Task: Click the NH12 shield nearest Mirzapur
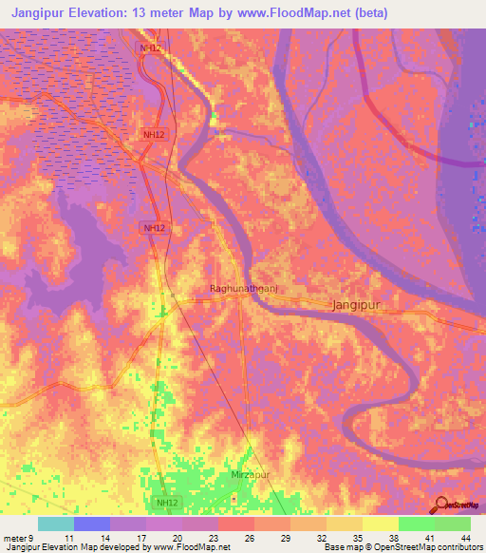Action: [x=166, y=502]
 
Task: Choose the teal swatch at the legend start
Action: [x=56, y=524]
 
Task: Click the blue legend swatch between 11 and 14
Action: [x=92, y=524]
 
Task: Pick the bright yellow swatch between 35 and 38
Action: [x=380, y=524]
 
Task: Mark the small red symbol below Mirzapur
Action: [x=234, y=497]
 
